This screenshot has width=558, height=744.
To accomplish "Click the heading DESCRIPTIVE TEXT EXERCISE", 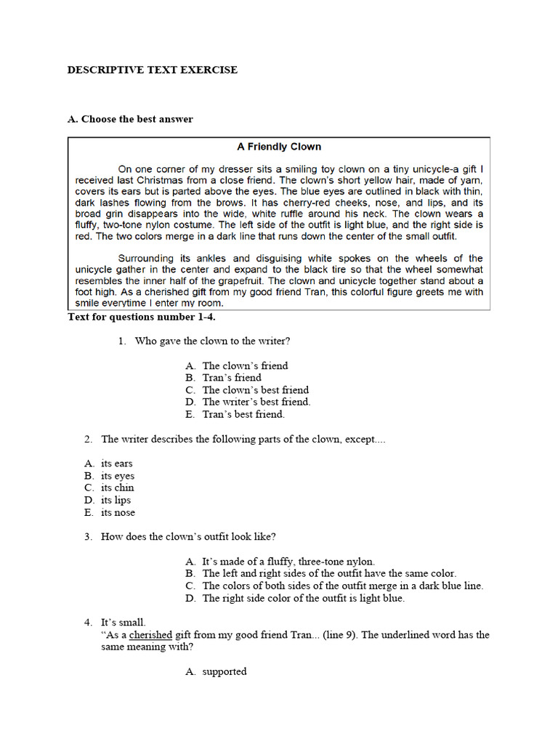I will (x=152, y=70).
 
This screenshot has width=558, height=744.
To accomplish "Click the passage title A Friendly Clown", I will (x=279, y=146).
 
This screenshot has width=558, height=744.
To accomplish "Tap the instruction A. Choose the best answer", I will (x=130, y=118).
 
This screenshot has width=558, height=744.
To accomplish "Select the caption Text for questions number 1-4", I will (x=142, y=317).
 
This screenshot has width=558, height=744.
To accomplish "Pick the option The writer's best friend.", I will (x=256, y=402).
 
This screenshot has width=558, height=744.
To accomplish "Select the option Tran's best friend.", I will (x=243, y=414).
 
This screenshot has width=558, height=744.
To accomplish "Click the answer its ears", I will (x=116, y=464).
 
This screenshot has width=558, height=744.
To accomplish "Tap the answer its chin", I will (x=117, y=488).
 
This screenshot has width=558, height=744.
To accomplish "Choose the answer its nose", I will (x=118, y=512).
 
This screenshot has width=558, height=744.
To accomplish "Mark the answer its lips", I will (x=116, y=500).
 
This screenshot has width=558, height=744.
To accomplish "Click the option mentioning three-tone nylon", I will (x=288, y=562).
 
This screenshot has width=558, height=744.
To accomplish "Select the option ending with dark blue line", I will (x=342, y=586).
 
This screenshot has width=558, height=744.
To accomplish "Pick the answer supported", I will (x=225, y=671).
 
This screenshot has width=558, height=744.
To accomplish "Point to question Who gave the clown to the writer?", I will (x=214, y=340).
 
